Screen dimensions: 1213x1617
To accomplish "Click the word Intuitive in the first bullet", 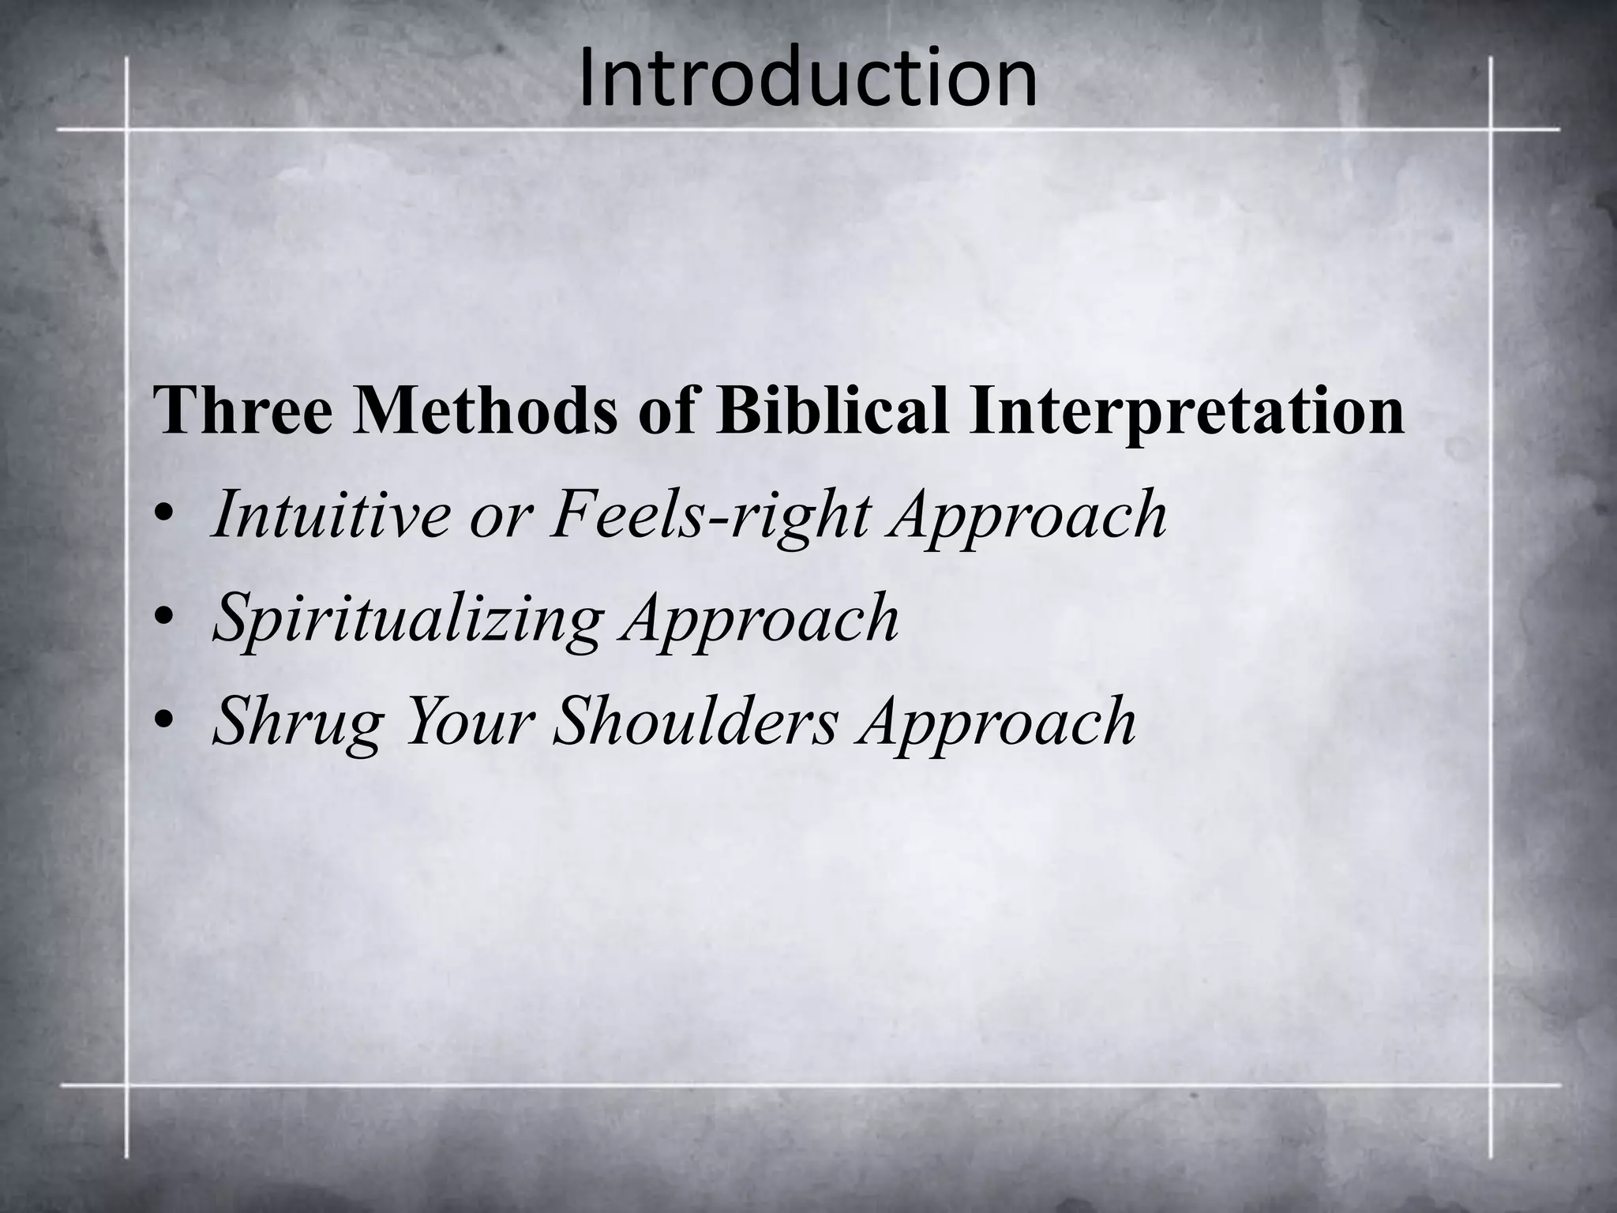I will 329,514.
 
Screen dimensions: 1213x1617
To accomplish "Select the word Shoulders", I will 694,720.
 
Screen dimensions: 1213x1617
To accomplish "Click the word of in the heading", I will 666,412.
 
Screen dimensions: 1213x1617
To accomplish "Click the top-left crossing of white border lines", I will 126,129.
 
